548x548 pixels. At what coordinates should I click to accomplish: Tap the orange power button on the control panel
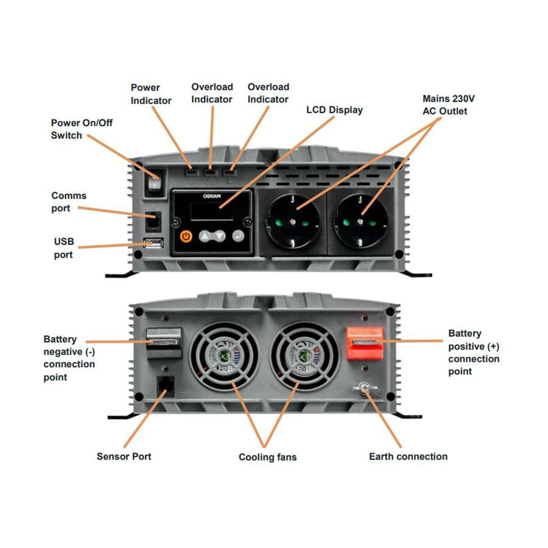(187, 236)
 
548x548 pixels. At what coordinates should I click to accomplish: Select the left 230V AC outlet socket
(292, 218)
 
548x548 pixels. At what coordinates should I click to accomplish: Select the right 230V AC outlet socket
(362, 218)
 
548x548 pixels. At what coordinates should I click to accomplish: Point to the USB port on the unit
(154, 244)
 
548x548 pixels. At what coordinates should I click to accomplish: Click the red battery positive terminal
(365, 343)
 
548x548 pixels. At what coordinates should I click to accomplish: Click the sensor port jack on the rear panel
(164, 386)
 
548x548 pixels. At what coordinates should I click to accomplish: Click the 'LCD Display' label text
(334, 110)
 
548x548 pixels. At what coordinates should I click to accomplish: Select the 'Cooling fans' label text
(267, 457)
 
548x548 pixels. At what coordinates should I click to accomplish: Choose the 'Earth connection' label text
(408, 456)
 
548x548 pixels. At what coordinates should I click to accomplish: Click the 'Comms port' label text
(69, 202)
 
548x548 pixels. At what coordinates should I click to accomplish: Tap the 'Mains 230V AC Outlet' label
(445, 105)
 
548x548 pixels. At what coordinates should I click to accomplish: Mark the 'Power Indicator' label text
(151, 94)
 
